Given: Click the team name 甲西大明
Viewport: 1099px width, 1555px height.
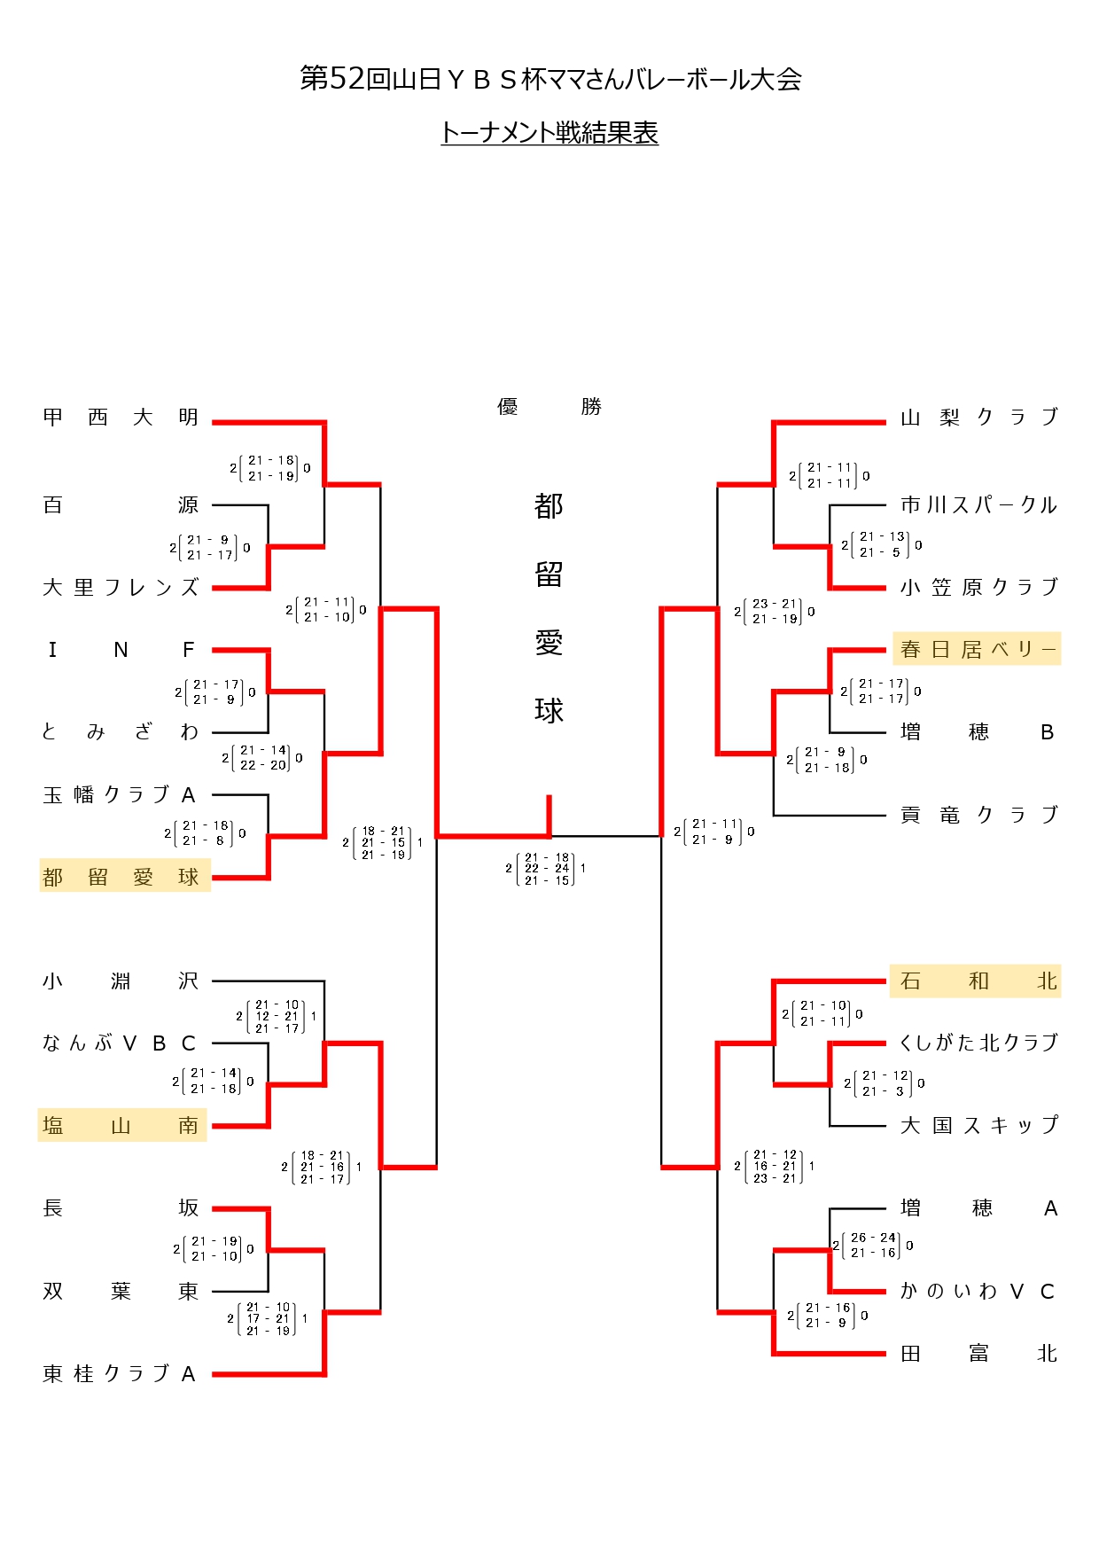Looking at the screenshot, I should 121,418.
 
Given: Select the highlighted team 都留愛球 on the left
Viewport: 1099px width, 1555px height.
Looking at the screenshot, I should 121,878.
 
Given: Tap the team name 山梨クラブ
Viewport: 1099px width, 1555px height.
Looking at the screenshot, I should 978,418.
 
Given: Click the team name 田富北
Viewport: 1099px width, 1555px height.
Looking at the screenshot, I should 978,1354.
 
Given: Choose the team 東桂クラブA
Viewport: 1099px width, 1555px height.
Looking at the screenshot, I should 119,1374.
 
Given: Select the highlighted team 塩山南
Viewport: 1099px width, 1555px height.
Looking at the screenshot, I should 121,1126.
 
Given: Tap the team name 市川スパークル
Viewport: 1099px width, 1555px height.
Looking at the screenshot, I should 978,505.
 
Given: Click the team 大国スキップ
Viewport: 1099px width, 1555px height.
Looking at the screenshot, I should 978,1126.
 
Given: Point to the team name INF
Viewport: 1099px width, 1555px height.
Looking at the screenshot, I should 121,651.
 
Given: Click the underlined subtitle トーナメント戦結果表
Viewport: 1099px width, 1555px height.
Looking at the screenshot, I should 549,133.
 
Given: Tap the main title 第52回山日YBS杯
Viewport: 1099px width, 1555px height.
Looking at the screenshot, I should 550,79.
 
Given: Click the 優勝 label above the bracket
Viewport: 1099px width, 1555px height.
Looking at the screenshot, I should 549,407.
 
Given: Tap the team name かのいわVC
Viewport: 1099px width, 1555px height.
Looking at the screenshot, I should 978,1292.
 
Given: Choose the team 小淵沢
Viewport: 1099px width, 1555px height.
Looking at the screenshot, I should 121,981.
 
